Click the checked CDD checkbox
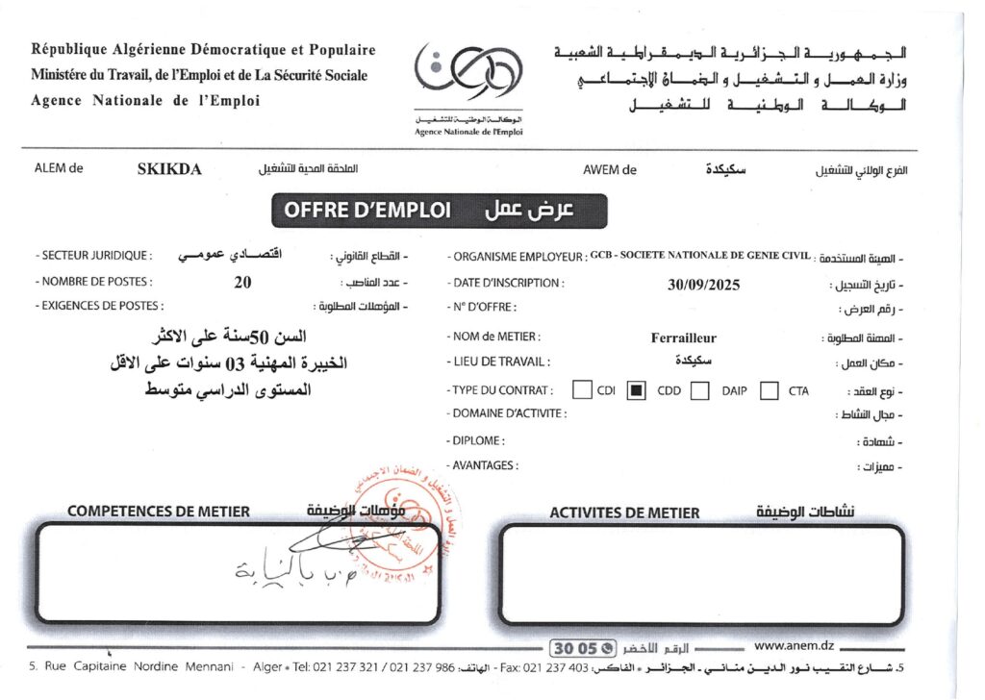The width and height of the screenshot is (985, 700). (x=636, y=390)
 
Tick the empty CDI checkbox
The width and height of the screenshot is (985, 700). (x=581, y=390)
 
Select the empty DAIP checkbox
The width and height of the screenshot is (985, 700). (x=700, y=390)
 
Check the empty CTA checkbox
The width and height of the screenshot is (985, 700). (x=769, y=390)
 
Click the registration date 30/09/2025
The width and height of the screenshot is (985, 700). (x=703, y=284)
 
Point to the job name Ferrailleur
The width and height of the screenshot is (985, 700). (x=683, y=337)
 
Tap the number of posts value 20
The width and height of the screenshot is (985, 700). (x=242, y=283)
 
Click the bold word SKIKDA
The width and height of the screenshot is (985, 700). (x=169, y=169)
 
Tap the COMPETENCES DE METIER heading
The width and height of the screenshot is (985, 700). (x=159, y=512)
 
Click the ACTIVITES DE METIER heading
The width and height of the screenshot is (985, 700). (x=624, y=512)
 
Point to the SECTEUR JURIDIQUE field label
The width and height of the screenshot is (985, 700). (x=94, y=256)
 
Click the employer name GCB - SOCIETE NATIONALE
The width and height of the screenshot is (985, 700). (x=700, y=256)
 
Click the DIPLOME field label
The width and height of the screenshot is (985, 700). (x=477, y=440)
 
